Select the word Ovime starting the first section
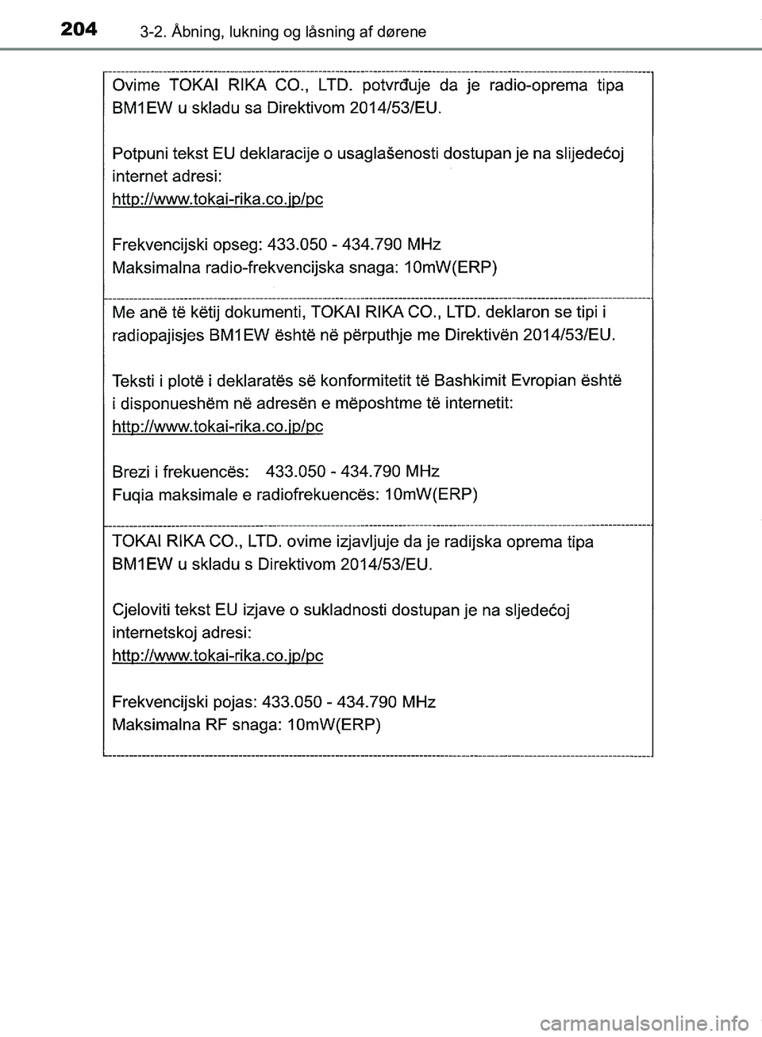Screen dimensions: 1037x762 [x=136, y=85]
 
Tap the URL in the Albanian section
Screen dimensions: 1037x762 [x=218, y=426]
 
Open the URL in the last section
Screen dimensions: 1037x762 [x=218, y=656]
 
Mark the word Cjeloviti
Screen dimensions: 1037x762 [x=144, y=610]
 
